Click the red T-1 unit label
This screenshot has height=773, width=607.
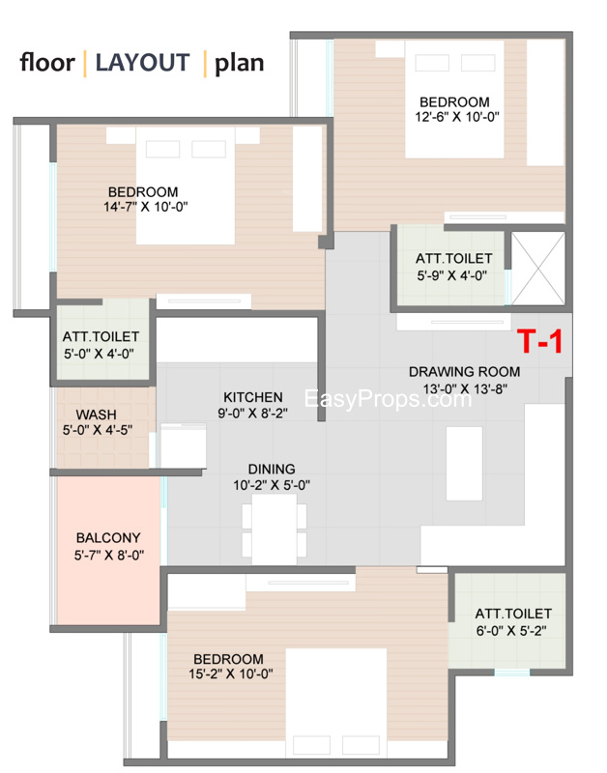click(x=539, y=341)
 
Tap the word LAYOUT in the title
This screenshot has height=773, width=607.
click(x=142, y=63)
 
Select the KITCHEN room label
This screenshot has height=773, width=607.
click(x=253, y=397)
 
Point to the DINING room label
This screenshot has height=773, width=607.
click(x=272, y=469)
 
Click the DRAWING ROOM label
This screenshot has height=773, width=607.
click(x=465, y=372)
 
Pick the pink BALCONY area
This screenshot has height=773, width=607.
click(x=108, y=550)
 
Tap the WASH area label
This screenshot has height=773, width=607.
click(x=96, y=415)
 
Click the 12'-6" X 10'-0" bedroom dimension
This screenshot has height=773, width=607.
click(x=457, y=117)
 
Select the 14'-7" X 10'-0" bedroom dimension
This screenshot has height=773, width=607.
click(x=145, y=207)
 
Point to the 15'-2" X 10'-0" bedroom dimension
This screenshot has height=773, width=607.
click(x=231, y=673)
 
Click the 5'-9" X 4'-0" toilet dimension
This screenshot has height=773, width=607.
click(x=452, y=275)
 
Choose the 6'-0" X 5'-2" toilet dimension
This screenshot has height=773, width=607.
click(x=511, y=631)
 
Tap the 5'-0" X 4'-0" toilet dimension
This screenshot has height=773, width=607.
click(x=100, y=354)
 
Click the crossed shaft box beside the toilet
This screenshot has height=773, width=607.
click(x=537, y=269)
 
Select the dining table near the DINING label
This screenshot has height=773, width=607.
click(x=275, y=529)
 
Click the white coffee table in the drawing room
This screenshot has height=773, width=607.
click(x=464, y=464)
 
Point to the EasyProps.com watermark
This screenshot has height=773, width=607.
click(x=388, y=398)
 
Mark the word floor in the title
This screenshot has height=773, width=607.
click(x=47, y=63)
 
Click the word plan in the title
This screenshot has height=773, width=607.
click(x=239, y=64)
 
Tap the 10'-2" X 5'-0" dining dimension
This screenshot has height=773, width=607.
click(x=272, y=485)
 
